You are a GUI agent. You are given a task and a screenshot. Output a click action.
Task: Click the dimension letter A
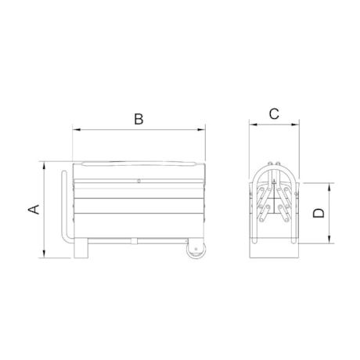[x=33, y=209]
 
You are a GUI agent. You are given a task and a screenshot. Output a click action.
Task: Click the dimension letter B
[x=138, y=119]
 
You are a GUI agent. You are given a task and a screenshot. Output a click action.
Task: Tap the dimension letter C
[x=274, y=113]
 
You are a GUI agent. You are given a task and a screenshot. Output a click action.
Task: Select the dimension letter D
[x=319, y=214]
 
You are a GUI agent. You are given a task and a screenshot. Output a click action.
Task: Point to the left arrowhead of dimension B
[x=74, y=129]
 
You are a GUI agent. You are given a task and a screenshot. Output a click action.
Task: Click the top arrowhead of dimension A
[x=44, y=165]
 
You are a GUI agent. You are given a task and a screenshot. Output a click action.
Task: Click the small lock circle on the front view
[x=138, y=182]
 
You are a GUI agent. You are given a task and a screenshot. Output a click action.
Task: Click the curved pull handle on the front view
[x=63, y=211]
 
